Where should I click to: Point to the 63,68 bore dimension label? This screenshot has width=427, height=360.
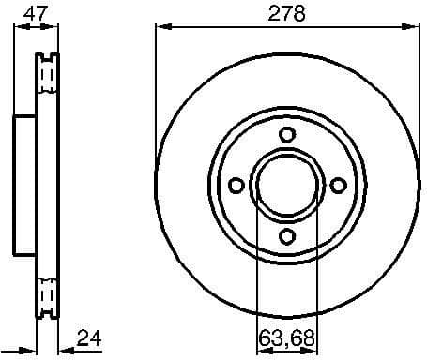tap(287, 337)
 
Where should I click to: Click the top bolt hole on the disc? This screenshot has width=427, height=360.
tap(287, 134)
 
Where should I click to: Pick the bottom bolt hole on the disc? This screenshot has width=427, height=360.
tap(287, 235)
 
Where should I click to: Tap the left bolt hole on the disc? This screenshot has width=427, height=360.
tap(236, 185)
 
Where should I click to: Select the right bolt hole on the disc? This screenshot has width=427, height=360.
tap(338, 185)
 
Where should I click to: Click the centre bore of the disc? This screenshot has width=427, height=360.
tap(287, 185)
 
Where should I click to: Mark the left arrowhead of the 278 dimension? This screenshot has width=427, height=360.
tap(160, 27)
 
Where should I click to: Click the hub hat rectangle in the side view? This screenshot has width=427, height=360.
tap(25, 185)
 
